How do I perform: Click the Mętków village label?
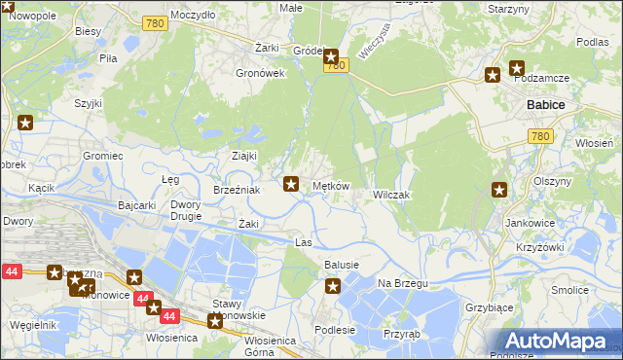click(x=330, y=185)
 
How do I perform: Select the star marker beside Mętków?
click(x=291, y=182)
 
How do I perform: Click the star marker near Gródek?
click(x=331, y=56)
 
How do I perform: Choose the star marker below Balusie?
click(x=333, y=286)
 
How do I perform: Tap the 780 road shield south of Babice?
click(x=541, y=137)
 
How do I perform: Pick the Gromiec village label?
click(x=102, y=156)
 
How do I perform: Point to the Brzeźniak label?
click(x=237, y=191)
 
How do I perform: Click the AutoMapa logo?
click(x=559, y=341)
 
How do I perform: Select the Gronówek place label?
click(x=261, y=73)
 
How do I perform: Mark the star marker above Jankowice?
click(x=500, y=191)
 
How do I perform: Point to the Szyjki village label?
click(x=89, y=102)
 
